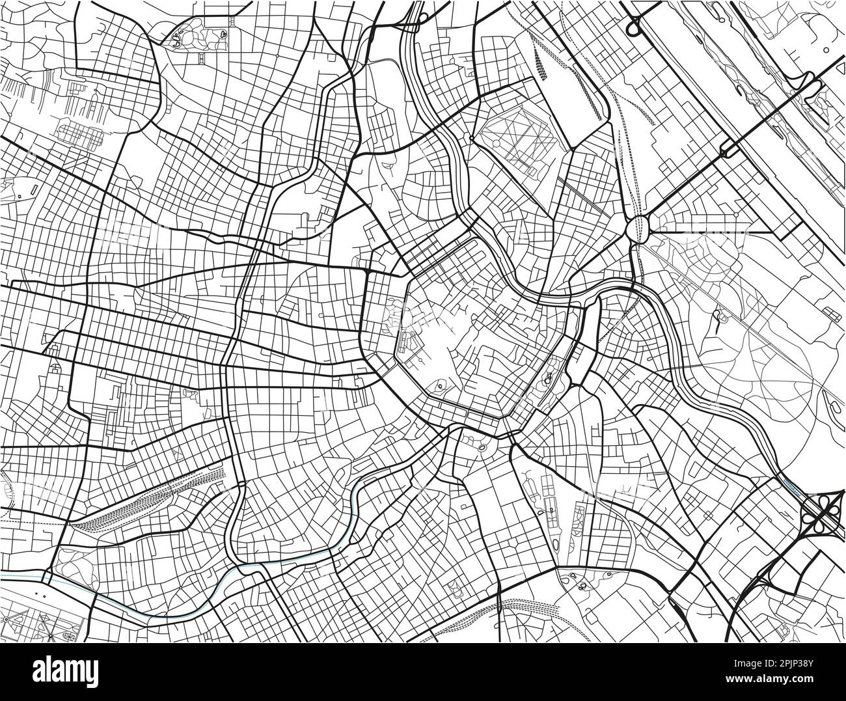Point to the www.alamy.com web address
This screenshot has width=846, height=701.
coord(781,681)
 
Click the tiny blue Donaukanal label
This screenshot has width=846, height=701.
coord(791,485)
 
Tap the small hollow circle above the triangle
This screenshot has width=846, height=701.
coord(826,49)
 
